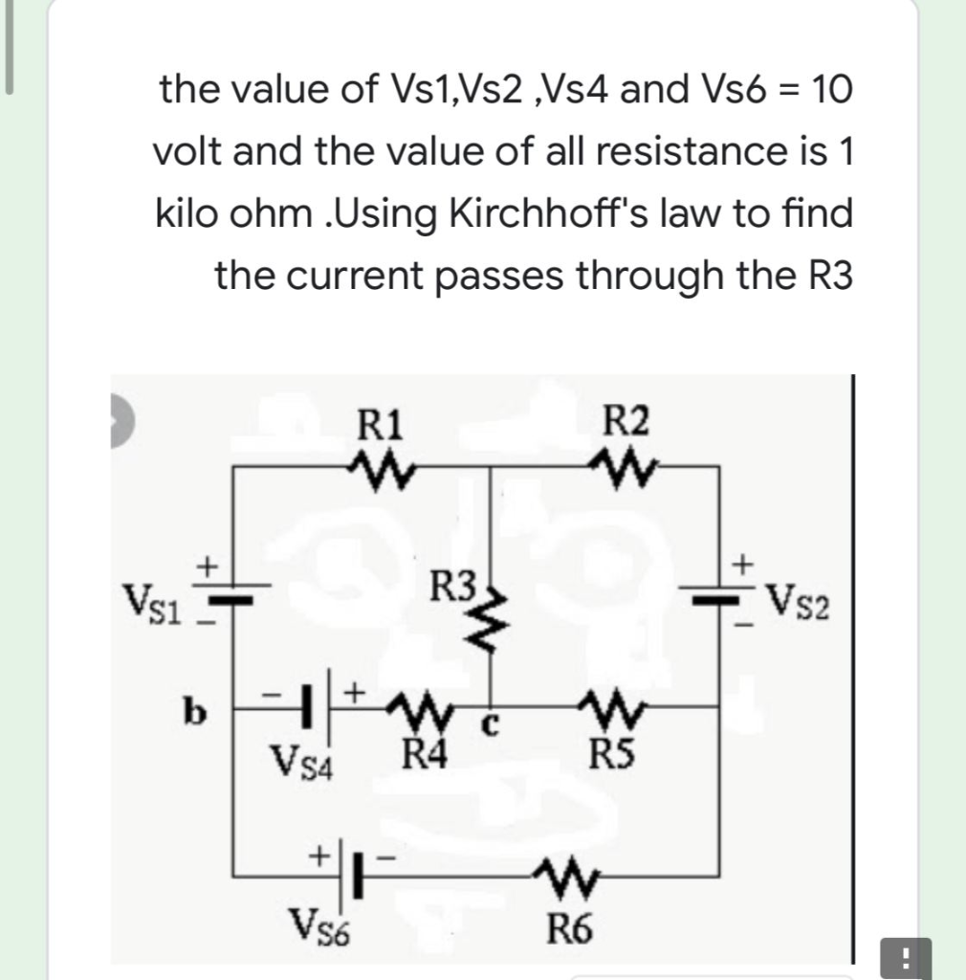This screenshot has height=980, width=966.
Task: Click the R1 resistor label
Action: tap(380, 422)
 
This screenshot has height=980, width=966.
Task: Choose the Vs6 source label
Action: tap(322, 927)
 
